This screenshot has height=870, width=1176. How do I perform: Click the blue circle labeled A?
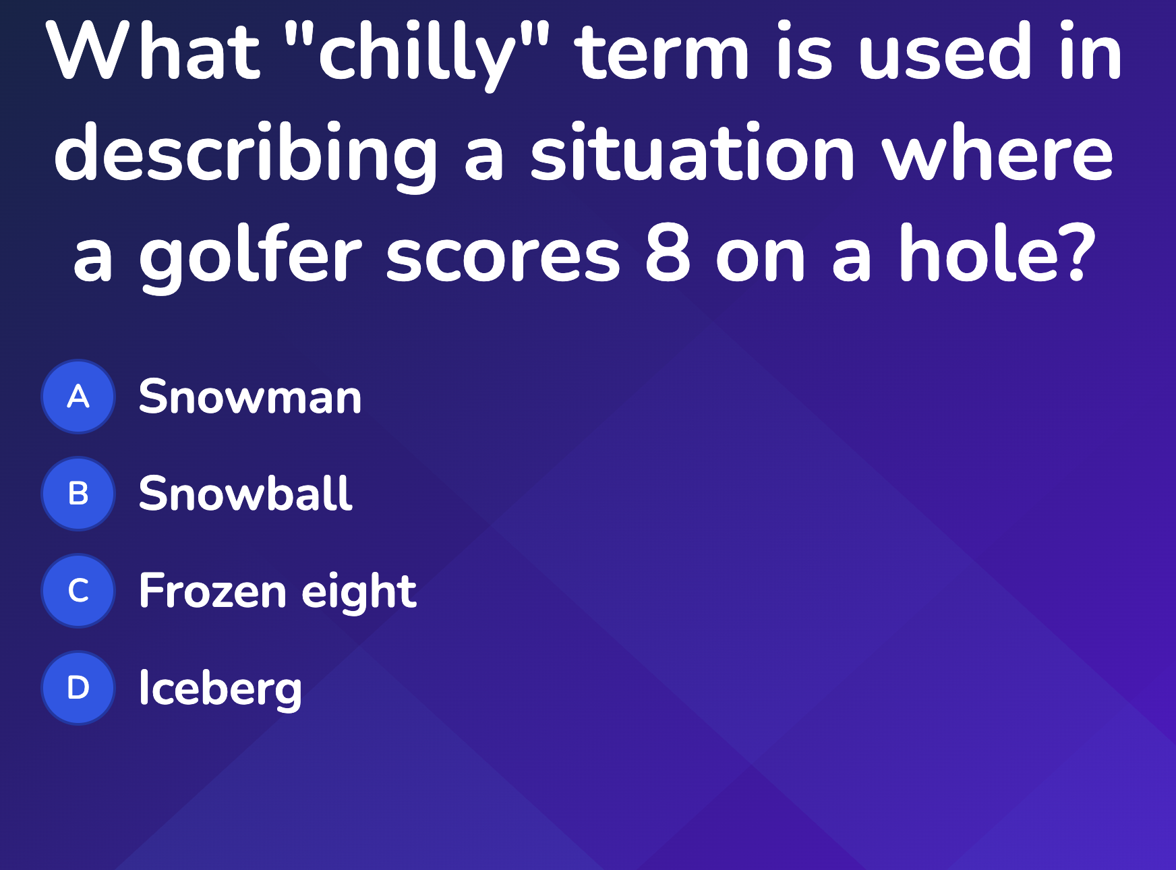78,397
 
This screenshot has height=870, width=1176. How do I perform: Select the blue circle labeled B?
78,494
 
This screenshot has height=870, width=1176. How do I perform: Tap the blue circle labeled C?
78,591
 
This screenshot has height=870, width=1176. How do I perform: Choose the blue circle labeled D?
78,688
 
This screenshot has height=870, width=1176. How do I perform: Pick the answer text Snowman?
250,397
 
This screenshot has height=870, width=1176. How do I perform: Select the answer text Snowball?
245,493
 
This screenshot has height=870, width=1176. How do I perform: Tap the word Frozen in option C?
212,591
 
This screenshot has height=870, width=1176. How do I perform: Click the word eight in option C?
359,592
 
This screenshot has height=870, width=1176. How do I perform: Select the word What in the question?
152,51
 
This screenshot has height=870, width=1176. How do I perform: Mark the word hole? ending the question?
997,252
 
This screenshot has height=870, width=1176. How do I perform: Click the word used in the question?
945,51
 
